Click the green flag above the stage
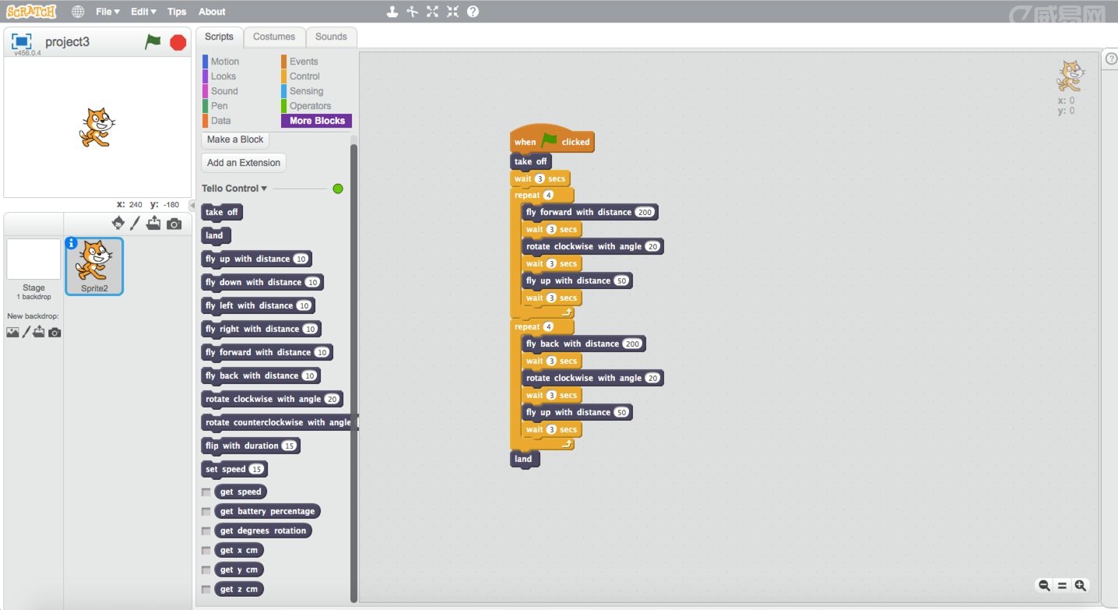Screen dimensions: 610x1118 153,42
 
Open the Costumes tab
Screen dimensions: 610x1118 274,37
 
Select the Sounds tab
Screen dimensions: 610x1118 331,37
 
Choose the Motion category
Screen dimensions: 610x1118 224,62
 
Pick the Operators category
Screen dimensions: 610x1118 310,106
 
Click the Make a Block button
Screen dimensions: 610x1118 235,139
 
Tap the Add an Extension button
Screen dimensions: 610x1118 244,163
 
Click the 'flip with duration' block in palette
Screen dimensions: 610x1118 241,446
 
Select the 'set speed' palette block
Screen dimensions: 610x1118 225,469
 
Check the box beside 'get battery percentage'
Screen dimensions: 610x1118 206,512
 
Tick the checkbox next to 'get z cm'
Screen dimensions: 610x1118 206,590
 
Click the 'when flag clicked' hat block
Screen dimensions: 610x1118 551,142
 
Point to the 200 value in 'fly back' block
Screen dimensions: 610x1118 632,344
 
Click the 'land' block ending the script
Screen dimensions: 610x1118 523,459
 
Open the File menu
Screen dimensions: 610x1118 107,12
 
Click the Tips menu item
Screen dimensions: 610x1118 177,12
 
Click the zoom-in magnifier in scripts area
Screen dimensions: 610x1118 1081,586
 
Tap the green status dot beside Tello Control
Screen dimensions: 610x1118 338,189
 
